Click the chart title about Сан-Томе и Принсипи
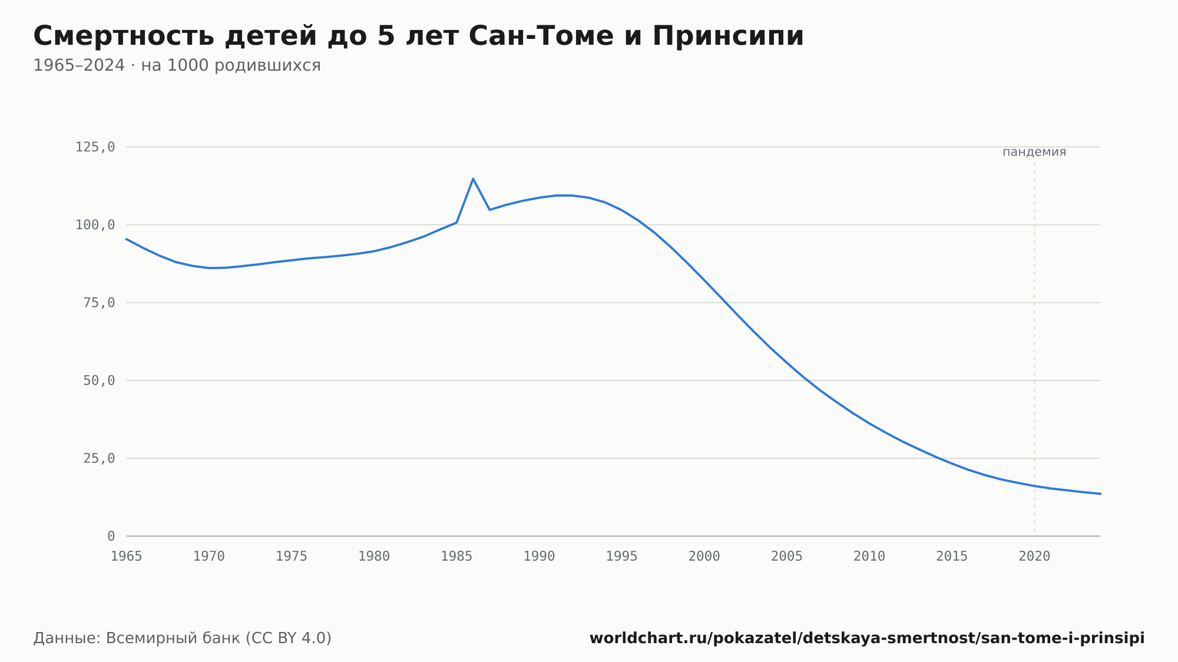click(419, 36)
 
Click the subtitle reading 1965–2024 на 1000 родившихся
click(177, 65)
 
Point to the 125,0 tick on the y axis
click(95, 147)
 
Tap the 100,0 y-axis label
click(95, 225)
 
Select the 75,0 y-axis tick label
click(99, 303)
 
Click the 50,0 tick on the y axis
click(99, 380)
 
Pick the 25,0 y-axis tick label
click(99, 458)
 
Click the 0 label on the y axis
click(111, 536)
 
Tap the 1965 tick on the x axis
click(127, 557)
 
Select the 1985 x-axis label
click(456, 557)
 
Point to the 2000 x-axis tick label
click(704, 557)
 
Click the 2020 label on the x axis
click(1034, 557)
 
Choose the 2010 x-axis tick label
click(869, 557)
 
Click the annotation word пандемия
click(1034, 152)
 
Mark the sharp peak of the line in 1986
click(473, 178)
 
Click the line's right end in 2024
click(1100, 494)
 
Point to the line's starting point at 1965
click(127, 239)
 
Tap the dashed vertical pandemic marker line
click(1034, 347)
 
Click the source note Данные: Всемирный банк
click(183, 638)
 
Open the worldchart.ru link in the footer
click(867, 638)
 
